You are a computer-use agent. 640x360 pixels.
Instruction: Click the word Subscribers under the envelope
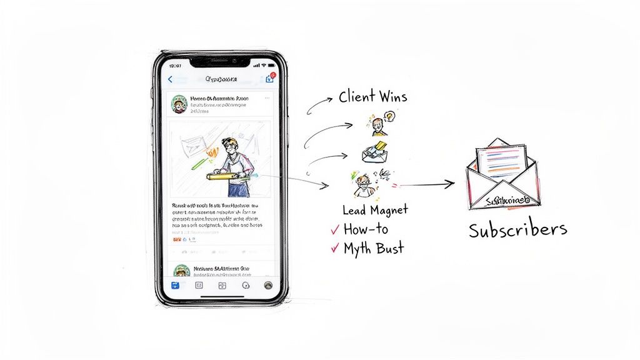(x=518, y=229)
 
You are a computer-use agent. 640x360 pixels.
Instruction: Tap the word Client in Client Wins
(x=358, y=97)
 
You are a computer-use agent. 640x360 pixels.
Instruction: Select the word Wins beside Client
(x=394, y=97)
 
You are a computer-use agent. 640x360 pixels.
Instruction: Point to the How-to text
(x=366, y=229)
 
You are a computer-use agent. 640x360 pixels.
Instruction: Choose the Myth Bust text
(x=374, y=248)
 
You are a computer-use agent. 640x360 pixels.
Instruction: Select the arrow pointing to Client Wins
(x=319, y=104)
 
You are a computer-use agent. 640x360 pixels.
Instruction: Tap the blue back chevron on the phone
(x=170, y=79)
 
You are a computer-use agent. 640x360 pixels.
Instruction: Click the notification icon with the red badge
(x=270, y=79)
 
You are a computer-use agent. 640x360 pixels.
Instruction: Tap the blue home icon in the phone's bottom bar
(x=175, y=285)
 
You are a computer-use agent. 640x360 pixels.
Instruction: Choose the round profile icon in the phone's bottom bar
(x=268, y=285)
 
